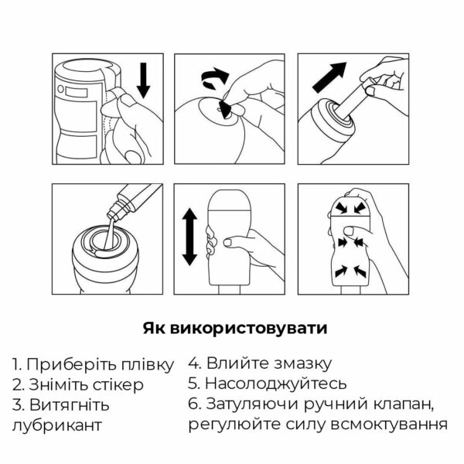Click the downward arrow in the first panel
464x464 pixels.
144,80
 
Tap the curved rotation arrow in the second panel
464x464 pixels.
214,78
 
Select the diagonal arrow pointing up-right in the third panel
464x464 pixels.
330,77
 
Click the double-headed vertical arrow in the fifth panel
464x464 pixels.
189,237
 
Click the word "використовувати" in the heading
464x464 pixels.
249,328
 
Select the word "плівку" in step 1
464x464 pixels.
148,365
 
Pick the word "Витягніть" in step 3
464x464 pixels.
70,405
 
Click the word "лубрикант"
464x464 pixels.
56,425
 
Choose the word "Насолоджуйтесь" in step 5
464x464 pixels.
275,384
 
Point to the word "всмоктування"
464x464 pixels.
388,425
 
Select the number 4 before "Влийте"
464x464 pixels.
193,363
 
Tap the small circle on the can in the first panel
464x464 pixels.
60,89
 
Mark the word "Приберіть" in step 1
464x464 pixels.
73,365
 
